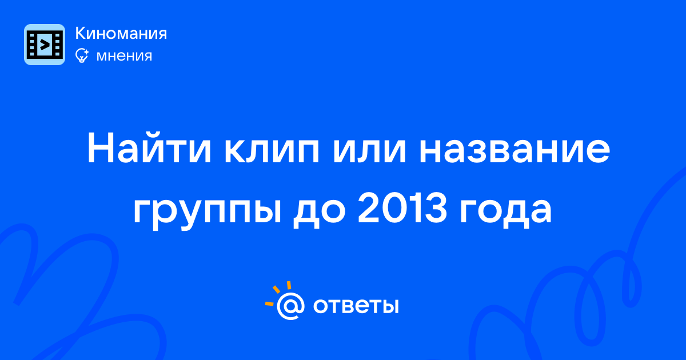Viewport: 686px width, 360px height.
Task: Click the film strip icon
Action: [45, 45]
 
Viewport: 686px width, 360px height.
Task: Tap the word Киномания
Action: [121, 33]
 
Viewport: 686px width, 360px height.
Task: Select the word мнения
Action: [124, 56]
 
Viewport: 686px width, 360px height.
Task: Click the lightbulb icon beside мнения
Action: [82, 55]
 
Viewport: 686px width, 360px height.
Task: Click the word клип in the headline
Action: [272, 151]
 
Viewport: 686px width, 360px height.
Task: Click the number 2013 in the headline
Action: [402, 207]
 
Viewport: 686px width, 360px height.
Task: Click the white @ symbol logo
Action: [290, 306]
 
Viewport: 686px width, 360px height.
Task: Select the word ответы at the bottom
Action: [356, 306]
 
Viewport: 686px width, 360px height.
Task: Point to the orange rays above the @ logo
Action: [277, 293]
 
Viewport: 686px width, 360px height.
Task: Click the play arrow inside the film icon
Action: [45, 45]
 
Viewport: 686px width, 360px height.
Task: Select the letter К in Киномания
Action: [81, 33]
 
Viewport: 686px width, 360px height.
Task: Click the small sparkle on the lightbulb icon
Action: [86, 52]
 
